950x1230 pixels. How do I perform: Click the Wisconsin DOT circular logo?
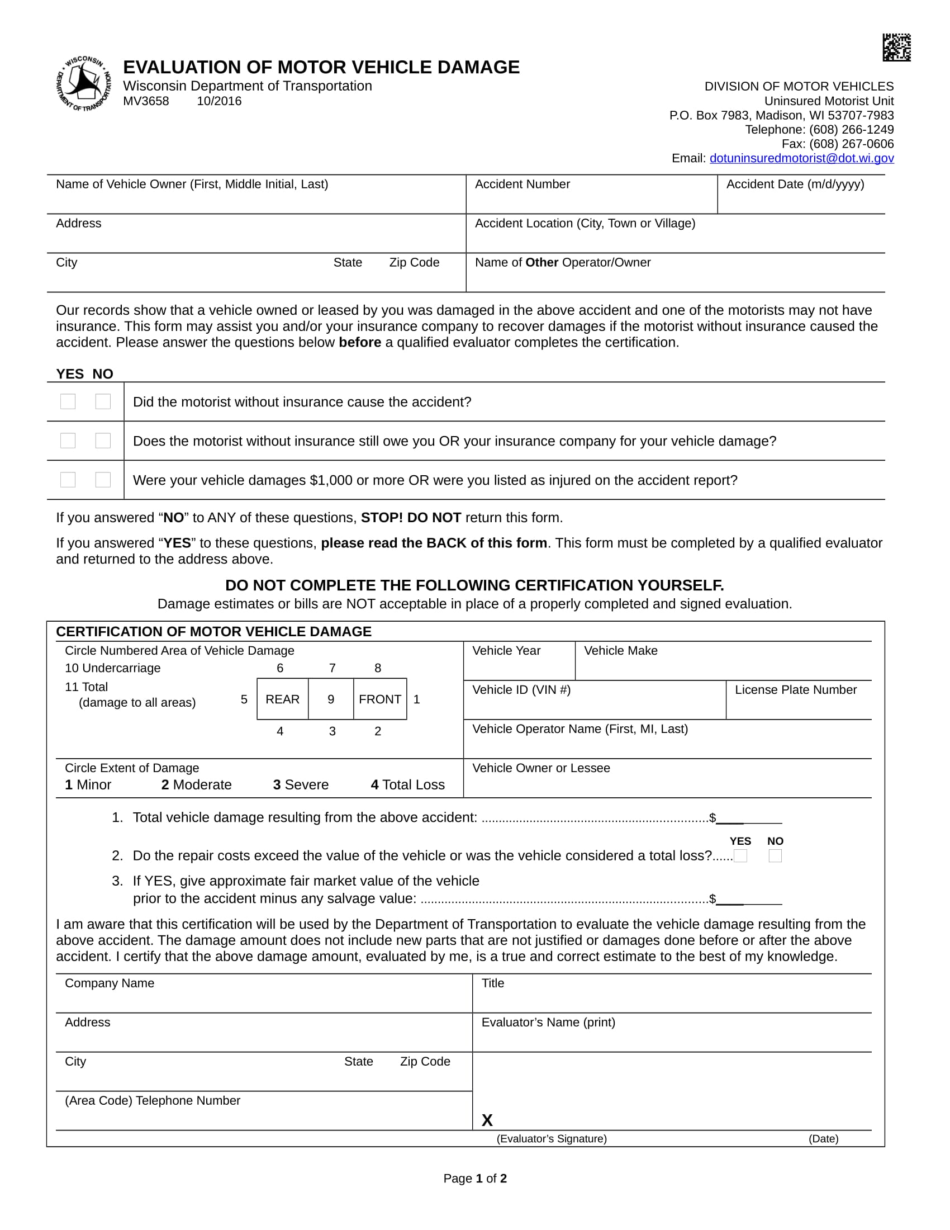[x=84, y=83]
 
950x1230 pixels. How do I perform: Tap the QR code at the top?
[x=896, y=48]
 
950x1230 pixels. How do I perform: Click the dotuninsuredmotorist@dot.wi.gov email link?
[x=801, y=158]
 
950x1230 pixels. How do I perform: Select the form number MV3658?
[x=146, y=101]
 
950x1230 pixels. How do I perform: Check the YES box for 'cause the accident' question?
[x=68, y=401]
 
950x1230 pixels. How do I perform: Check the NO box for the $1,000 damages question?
[x=103, y=480]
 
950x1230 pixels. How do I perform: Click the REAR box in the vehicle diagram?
[x=283, y=699]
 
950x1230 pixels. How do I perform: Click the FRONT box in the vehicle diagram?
[x=380, y=699]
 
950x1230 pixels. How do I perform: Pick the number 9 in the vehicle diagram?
[x=331, y=699]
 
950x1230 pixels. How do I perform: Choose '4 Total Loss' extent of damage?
[x=407, y=784]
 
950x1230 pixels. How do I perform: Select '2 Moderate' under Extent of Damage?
[x=196, y=784]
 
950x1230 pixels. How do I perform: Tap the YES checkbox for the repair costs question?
[x=740, y=856]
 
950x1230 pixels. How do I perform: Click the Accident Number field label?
[x=522, y=184]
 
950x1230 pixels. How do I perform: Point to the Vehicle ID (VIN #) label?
[x=521, y=690]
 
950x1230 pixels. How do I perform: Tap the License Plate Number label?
[x=795, y=690]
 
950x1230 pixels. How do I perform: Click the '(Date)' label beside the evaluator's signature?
[x=823, y=1139]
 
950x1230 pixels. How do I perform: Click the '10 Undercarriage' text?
[x=112, y=668]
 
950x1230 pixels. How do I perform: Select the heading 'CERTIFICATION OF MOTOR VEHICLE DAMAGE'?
[x=213, y=631]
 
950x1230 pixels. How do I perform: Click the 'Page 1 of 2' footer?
[x=475, y=1178]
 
